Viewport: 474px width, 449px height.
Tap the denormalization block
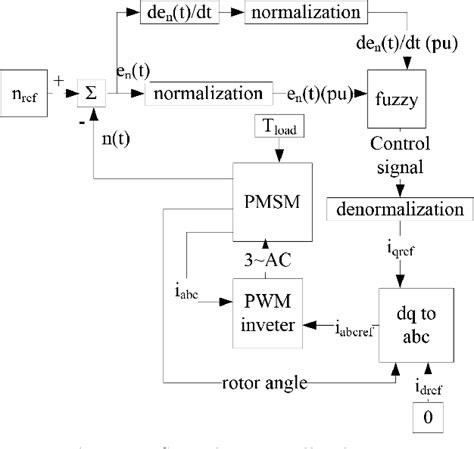[x=399, y=211]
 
